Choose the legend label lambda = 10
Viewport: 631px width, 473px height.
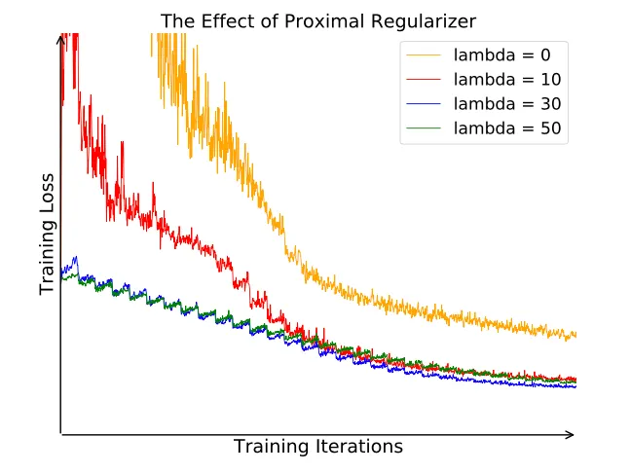[x=507, y=79]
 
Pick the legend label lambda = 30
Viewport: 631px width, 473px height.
[x=507, y=103]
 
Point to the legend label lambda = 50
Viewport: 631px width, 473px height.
[x=507, y=127]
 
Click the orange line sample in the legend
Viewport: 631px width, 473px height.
[x=426, y=55]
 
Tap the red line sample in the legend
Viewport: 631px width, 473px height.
[x=426, y=79]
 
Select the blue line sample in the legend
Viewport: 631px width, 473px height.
[x=426, y=103]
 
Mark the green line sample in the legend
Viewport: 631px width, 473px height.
[x=426, y=127]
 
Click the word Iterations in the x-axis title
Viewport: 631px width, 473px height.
[x=357, y=448]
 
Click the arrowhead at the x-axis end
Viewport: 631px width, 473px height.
[x=572, y=434]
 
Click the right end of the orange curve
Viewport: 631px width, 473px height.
[x=575, y=335]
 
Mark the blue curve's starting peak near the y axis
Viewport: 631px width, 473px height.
[x=75, y=258]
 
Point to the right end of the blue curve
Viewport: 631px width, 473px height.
[x=575, y=386]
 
